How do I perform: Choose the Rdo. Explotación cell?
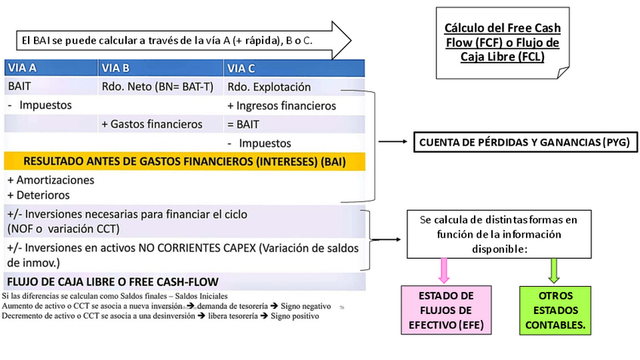point(269,87)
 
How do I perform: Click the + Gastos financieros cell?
point(151,124)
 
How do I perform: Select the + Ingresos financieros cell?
point(281,106)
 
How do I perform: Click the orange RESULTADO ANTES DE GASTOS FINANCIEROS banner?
point(184,161)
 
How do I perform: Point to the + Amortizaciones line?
point(51,180)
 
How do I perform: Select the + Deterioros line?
point(38,194)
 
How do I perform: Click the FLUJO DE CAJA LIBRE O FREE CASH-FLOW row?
point(113,282)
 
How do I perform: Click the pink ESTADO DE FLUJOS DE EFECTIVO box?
point(446,310)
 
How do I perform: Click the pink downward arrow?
point(444,268)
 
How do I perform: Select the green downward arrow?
point(555,268)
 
